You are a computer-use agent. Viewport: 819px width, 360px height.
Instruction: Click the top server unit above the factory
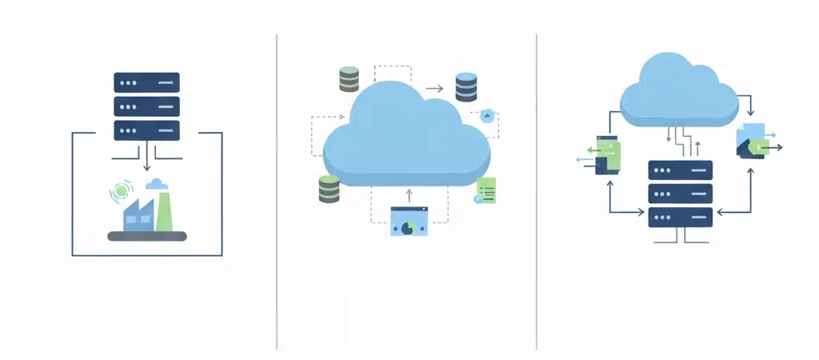(x=146, y=82)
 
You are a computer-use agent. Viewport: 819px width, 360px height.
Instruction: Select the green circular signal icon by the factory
(x=122, y=190)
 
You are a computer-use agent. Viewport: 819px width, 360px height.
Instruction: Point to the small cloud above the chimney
(x=157, y=185)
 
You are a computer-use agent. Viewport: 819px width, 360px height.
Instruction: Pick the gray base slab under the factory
(x=147, y=236)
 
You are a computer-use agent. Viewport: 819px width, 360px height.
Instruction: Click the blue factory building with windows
(x=138, y=215)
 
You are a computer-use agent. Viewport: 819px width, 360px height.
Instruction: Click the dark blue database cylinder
(x=465, y=86)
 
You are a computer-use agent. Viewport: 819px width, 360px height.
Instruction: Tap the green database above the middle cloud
(x=349, y=79)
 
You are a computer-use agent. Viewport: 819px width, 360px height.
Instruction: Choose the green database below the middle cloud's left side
(x=329, y=189)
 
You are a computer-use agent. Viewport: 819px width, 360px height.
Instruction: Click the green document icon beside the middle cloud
(x=485, y=190)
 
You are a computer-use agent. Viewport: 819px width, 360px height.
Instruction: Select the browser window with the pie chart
(x=409, y=221)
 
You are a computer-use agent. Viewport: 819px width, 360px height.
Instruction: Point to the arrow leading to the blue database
(x=435, y=89)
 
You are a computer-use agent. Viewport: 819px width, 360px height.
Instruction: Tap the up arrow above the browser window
(x=409, y=194)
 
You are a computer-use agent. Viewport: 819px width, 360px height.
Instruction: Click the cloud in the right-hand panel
(x=679, y=92)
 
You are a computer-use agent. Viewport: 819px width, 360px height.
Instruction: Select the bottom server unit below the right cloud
(x=680, y=217)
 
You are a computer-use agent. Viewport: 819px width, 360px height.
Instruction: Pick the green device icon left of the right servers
(x=608, y=154)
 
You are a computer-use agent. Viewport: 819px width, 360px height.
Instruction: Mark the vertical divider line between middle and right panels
(x=537, y=192)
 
